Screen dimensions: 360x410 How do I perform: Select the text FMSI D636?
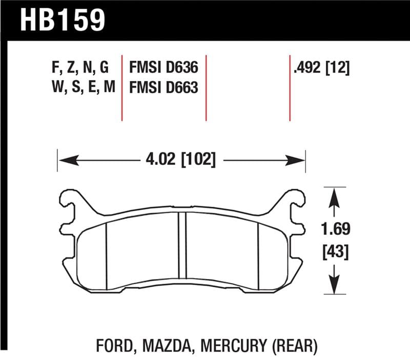[x=163, y=68]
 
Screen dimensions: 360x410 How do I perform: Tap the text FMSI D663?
[x=163, y=88]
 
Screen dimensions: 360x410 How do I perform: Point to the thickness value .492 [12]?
[x=321, y=68]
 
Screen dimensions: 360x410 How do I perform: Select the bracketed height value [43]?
[x=334, y=252]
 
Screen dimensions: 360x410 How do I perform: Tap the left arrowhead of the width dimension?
[x=64, y=161]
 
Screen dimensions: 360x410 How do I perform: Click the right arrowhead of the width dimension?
[x=299, y=161]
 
